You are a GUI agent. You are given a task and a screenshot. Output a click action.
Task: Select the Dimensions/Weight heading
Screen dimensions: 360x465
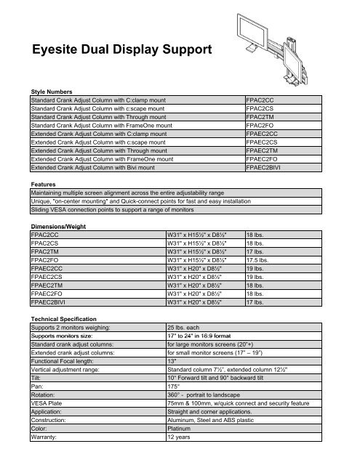point(57,227)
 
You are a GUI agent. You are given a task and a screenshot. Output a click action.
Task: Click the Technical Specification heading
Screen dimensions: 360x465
point(66,319)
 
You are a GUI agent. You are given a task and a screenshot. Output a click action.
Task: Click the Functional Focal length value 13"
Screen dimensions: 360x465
point(172,361)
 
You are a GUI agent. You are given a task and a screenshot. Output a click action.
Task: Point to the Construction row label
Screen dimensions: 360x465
point(52,418)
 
